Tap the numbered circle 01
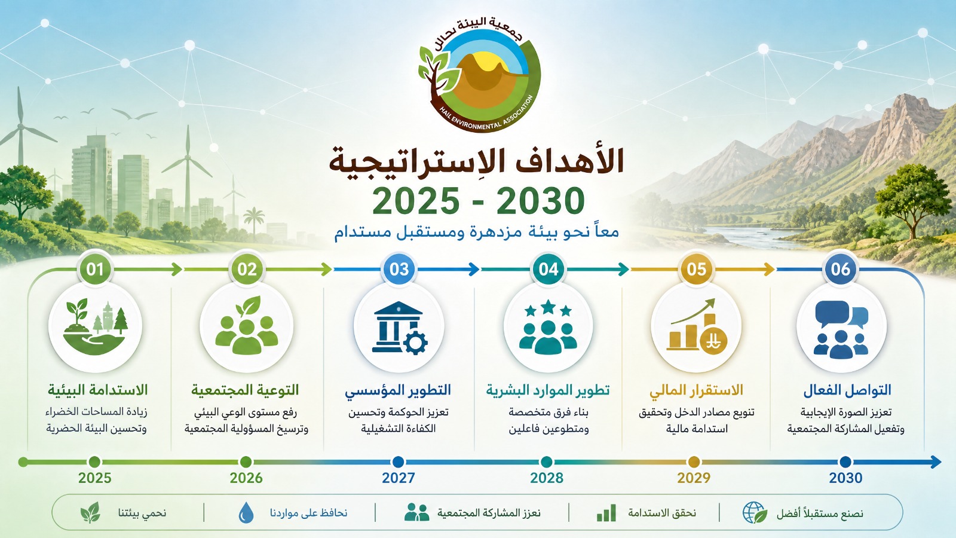click(95, 270)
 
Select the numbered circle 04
click(548, 270)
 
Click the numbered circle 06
click(840, 270)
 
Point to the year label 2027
click(398, 478)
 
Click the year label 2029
click(694, 478)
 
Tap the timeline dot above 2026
click(246, 461)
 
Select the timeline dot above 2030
click(845, 461)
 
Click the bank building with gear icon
click(399, 328)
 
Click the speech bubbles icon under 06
click(841, 329)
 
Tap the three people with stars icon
click(548, 328)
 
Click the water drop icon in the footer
click(246, 512)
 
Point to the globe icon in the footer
click(755, 512)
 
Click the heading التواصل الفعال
click(848, 390)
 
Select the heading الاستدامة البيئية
click(97, 390)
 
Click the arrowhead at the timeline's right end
click(936, 461)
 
